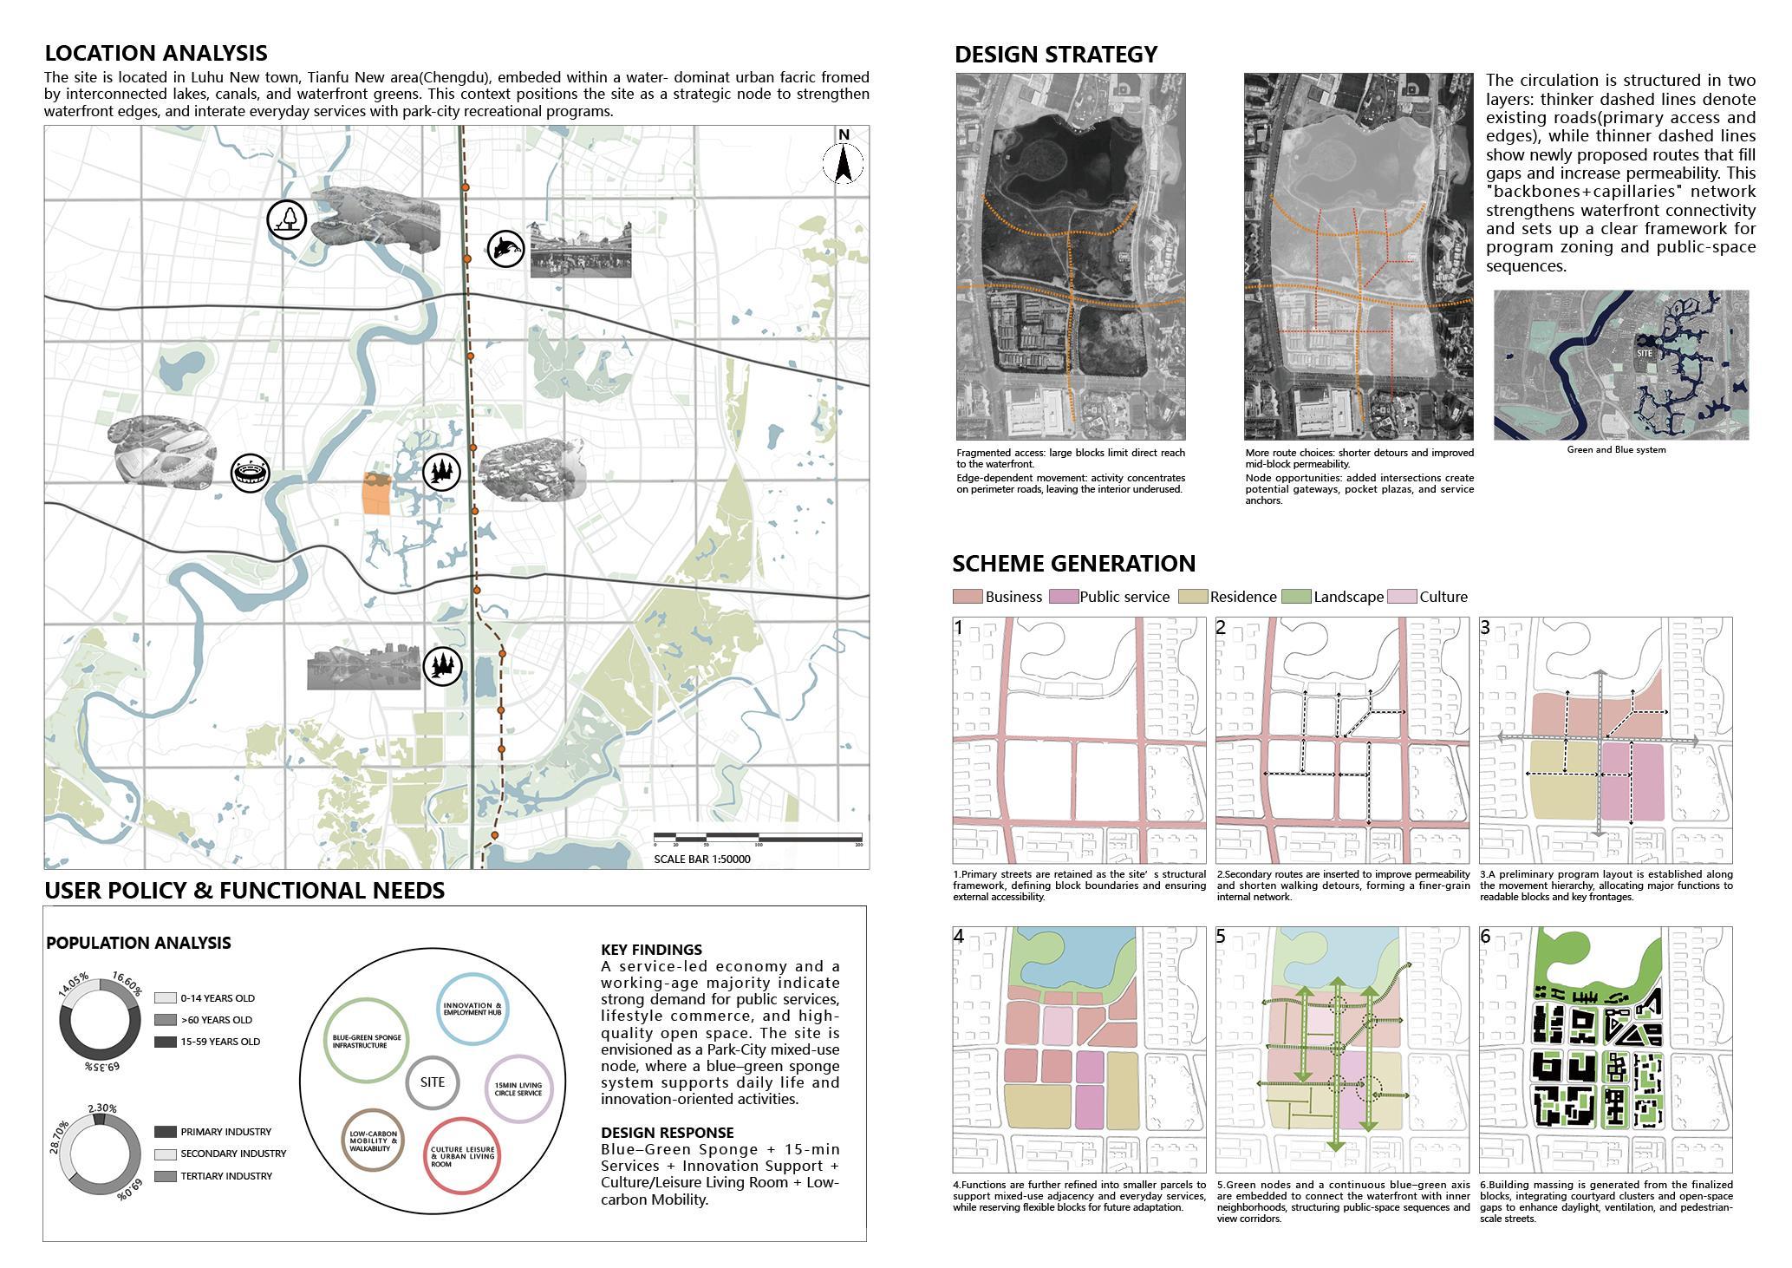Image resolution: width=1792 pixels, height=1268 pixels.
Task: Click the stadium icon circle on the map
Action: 251,474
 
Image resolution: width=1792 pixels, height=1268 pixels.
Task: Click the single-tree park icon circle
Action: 287,219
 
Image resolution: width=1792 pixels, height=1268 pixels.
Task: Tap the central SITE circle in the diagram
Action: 432,1082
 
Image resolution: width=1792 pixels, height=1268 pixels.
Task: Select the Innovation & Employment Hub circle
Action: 472,1010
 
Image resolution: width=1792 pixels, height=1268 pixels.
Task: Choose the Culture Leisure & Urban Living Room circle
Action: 463,1155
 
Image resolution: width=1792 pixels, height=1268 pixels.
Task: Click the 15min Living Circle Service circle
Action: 518,1088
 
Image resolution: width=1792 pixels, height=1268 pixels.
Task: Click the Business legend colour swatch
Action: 968,597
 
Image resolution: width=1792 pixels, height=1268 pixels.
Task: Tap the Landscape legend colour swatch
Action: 1295,597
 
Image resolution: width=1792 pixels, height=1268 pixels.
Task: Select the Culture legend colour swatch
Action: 1402,597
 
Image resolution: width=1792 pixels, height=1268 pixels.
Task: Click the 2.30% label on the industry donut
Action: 102,1108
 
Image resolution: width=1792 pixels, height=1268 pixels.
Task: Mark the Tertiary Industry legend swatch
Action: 165,1176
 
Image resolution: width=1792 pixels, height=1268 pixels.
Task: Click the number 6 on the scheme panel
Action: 1486,937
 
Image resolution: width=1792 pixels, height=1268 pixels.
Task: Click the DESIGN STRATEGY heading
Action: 1055,55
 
